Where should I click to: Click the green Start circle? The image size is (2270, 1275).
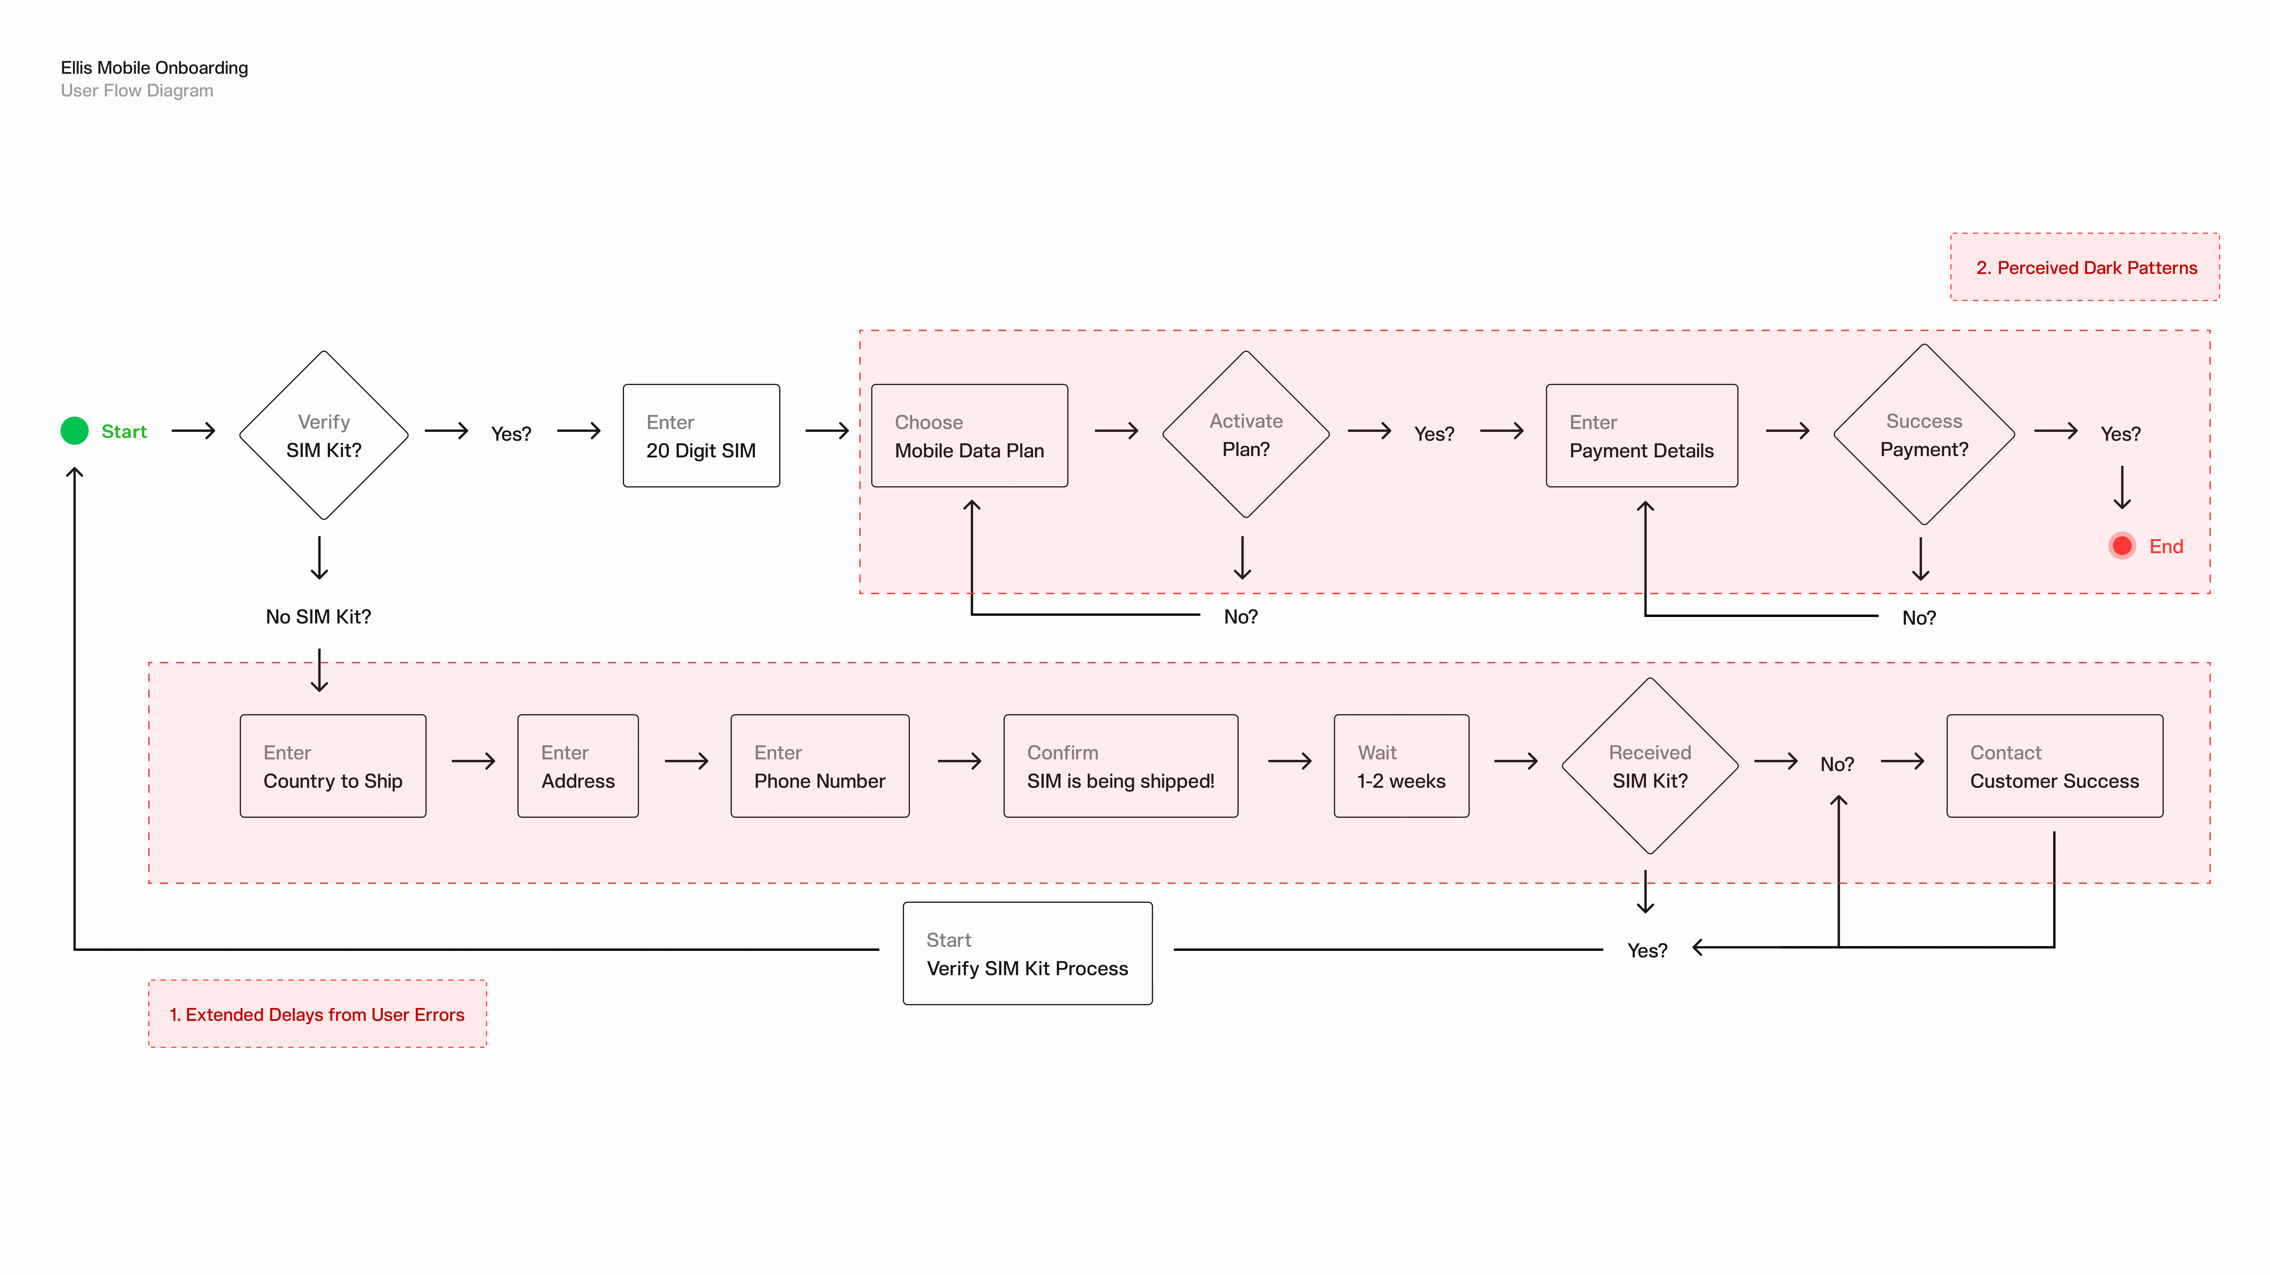pos(75,431)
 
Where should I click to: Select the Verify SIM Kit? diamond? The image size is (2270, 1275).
pos(323,435)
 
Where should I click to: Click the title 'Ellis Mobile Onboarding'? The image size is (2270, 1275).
pos(154,68)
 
